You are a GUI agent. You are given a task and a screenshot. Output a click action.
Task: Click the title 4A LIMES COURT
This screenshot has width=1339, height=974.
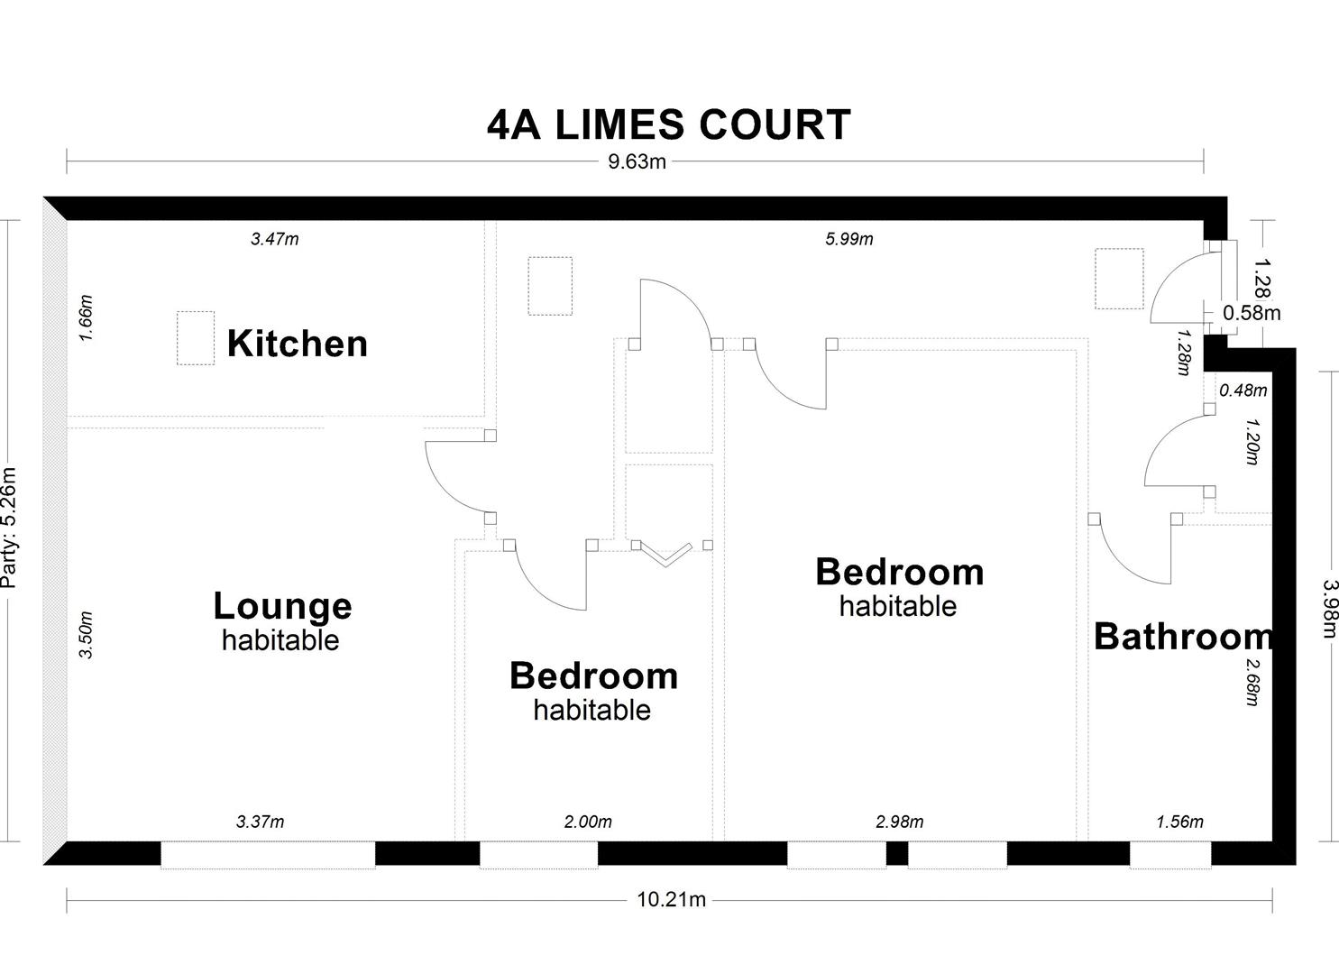pyautogui.click(x=668, y=124)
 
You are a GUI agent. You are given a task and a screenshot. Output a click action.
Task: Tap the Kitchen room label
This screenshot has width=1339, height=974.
pyautogui.click(x=297, y=344)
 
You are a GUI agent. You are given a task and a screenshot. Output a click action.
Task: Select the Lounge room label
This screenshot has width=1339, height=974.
pyautogui.click(x=282, y=606)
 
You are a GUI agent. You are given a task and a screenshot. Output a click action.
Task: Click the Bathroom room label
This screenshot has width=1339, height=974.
pyautogui.click(x=1182, y=637)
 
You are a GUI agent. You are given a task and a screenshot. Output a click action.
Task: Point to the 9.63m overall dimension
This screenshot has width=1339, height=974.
pyautogui.click(x=637, y=162)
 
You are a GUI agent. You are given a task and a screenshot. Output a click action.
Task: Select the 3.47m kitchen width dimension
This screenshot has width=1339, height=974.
pyautogui.click(x=274, y=239)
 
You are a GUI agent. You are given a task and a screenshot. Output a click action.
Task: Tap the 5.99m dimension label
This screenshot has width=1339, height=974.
pyautogui.click(x=848, y=239)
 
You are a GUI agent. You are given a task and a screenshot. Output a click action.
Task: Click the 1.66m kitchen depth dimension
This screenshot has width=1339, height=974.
pyautogui.click(x=87, y=317)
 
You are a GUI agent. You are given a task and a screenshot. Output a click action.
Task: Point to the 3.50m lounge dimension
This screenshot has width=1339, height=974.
pyautogui.click(x=87, y=635)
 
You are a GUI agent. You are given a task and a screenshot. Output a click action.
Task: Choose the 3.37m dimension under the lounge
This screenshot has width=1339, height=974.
pyautogui.click(x=260, y=822)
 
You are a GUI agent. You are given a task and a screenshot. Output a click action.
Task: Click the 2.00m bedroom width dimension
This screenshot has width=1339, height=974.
pyautogui.click(x=588, y=822)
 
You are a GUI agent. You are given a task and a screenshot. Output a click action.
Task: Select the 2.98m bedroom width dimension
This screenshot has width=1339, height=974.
pyautogui.click(x=899, y=822)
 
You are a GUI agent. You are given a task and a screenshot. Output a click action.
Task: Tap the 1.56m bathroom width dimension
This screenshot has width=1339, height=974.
pyautogui.click(x=1179, y=822)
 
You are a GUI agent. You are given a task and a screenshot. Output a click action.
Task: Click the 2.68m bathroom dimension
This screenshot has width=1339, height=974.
pyautogui.click(x=1252, y=682)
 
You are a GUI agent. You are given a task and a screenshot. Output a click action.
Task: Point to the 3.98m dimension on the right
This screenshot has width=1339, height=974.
pyautogui.click(x=1329, y=607)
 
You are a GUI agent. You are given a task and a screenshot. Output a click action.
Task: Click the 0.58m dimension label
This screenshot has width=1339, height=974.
pyautogui.click(x=1252, y=313)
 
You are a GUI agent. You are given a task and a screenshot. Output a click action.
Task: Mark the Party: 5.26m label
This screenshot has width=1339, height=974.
pyautogui.click(x=9, y=528)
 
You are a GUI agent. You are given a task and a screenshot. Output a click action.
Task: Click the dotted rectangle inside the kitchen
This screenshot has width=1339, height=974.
pyautogui.click(x=196, y=338)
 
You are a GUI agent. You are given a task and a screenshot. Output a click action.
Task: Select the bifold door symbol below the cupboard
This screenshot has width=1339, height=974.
pyautogui.click(x=665, y=554)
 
